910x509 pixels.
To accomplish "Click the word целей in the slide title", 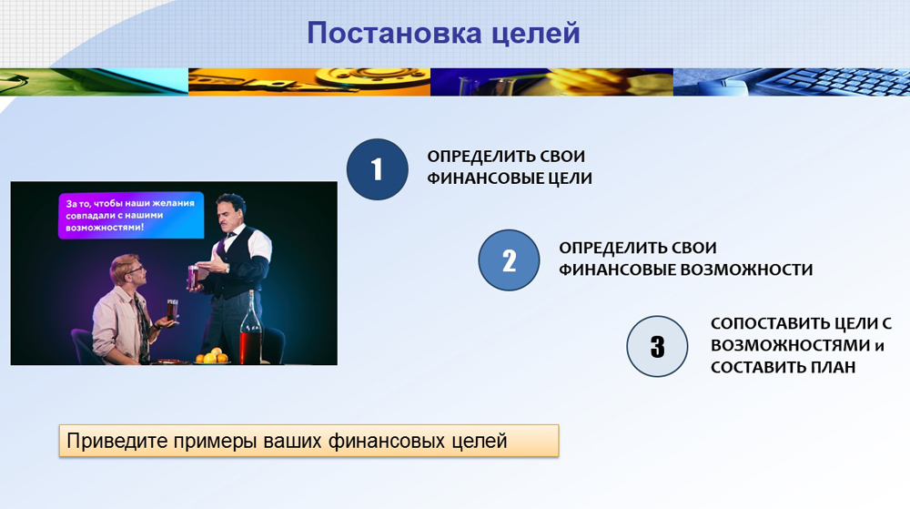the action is pos(536,33).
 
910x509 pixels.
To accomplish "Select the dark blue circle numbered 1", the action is pos(378,169).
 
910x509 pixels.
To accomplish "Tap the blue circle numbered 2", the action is pos(509,260).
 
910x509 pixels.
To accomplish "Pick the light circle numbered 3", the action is pos(657,347).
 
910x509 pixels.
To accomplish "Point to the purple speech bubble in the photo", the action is pos(131,215).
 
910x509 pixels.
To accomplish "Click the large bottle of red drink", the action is pos(251,328).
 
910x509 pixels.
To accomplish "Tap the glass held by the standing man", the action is pos(193,275).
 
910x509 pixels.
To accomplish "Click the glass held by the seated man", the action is pos(172,310).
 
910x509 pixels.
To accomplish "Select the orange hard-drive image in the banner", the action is pos(309,82).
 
